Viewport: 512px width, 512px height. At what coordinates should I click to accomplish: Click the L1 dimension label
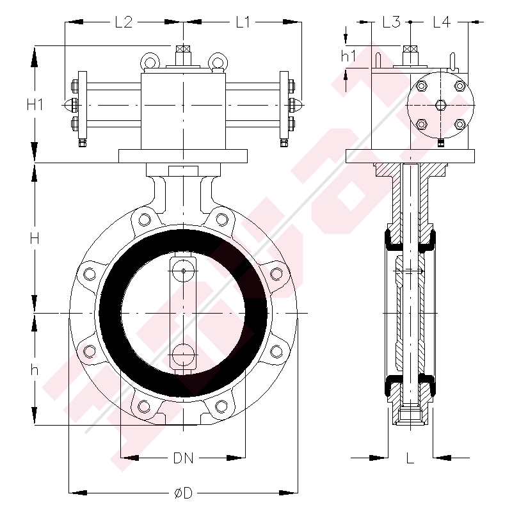243,22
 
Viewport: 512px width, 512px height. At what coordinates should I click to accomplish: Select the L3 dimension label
391,22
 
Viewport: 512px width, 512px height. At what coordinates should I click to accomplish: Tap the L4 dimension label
442,22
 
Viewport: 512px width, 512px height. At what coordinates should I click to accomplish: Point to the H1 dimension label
35,104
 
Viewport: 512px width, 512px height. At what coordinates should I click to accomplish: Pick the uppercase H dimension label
35,238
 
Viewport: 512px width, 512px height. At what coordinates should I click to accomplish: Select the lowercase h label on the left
35,370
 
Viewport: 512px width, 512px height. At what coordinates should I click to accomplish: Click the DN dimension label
184,458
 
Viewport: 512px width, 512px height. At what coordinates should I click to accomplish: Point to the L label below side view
410,458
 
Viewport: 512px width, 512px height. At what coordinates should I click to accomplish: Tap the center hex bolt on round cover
440,105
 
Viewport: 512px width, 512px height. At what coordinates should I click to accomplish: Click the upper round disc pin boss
184,269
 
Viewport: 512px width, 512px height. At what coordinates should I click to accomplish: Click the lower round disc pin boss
184,356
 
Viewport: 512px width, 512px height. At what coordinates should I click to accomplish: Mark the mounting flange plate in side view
410,156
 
